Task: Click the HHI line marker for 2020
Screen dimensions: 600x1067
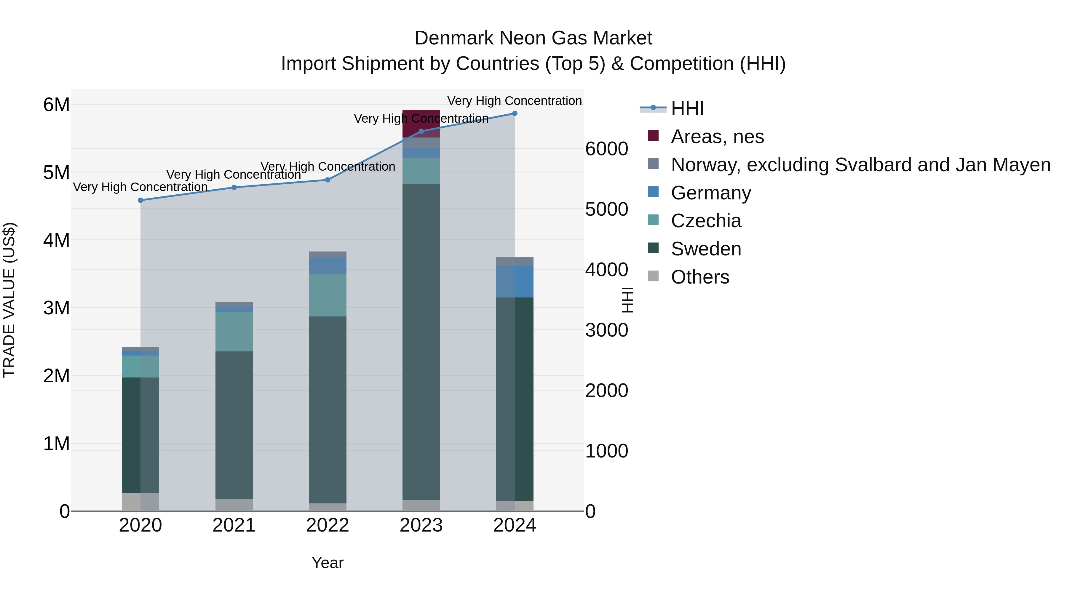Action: pyautogui.click(x=140, y=200)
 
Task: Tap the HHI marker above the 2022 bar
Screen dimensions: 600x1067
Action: pyautogui.click(x=328, y=180)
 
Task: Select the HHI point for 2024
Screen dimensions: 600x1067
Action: pyautogui.click(x=515, y=113)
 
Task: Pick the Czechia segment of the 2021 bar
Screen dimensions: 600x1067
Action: pyautogui.click(x=234, y=332)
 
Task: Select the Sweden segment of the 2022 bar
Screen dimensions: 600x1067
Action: pyautogui.click(x=328, y=410)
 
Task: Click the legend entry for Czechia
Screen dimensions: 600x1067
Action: pyautogui.click(x=706, y=221)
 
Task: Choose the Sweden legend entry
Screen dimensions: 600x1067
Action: pyautogui.click(x=706, y=249)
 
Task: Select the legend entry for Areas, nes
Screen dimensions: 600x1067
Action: pyautogui.click(x=717, y=137)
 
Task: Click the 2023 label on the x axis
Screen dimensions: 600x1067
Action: pyautogui.click(x=421, y=525)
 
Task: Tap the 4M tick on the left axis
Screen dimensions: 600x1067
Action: pyautogui.click(x=56, y=240)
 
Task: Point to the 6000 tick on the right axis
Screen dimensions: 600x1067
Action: pyautogui.click(x=606, y=149)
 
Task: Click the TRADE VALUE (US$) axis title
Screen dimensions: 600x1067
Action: pyautogui.click(x=9, y=300)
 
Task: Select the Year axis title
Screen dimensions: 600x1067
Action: pyautogui.click(x=328, y=563)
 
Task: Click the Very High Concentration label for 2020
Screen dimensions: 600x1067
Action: pyautogui.click(x=140, y=187)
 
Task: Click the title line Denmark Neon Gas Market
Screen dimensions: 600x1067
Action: pyautogui.click(x=533, y=38)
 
